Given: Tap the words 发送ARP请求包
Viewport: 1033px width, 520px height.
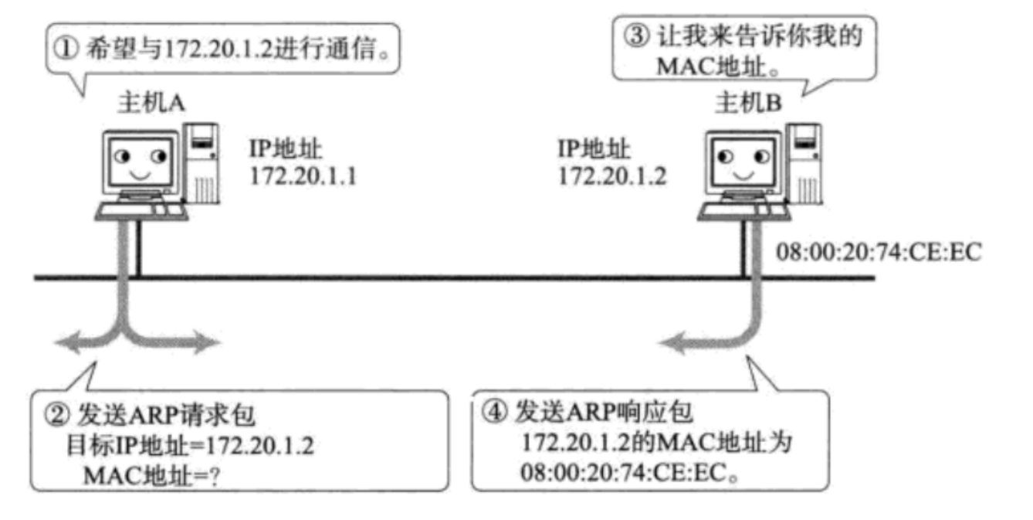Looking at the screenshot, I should pyautogui.click(x=166, y=416).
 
